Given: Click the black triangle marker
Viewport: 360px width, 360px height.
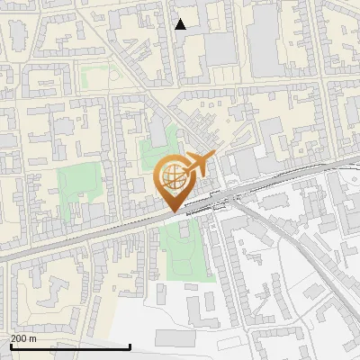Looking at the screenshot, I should pyautogui.click(x=181, y=24).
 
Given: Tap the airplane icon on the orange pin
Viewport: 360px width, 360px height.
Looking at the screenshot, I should pyautogui.click(x=199, y=164).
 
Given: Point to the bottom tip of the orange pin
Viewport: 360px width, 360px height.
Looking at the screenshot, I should pyautogui.click(x=175, y=211).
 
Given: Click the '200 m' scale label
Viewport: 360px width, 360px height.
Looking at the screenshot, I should pyautogui.click(x=23, y=338).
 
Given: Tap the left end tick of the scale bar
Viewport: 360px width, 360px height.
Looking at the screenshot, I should pyautogui.click(x=9, y=345).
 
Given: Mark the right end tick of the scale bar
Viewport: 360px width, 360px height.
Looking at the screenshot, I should pyautogui.click(x=130, y=345).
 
